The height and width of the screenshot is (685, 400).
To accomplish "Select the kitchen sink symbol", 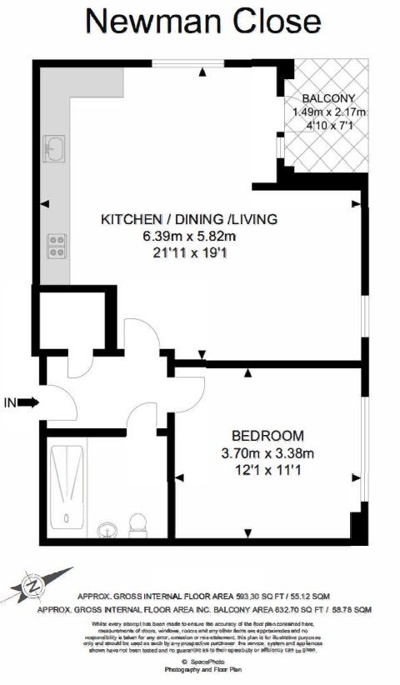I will click(55, 151).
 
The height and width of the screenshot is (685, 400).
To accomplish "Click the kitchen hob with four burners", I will click(57, 245).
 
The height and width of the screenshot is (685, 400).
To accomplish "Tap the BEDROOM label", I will click(267, 436).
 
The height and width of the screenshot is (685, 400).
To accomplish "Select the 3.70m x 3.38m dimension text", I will click(267, 453).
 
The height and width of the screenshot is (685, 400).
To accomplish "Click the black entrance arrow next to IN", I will click(28, 402).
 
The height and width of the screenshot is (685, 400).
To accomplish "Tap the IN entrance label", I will click(9, 403).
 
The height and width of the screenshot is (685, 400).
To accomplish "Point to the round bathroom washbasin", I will click(107, 530).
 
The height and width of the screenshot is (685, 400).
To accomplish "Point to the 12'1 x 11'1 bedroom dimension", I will click(267, 471).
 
